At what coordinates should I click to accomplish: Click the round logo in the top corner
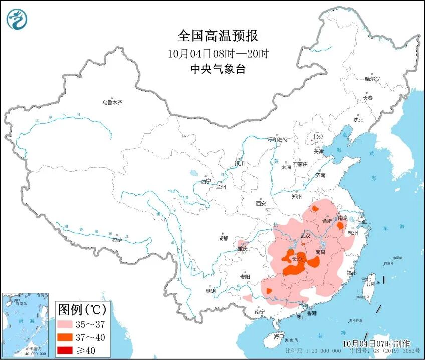pyautogui.click(x=17, y=19)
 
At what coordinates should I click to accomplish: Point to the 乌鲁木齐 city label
pyautogui.click(x=112, y=102)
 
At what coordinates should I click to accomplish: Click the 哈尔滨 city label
pyautogui.click(x=372, y=79)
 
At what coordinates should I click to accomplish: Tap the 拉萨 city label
pyautogui.click(x=117, y=240)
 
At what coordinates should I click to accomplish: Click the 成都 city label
pyautogui.click(x=223, y=238)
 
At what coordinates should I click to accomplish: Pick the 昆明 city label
pyautogui.click(x=210, y=291)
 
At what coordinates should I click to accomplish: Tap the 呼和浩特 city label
pyautogui.click(x=277, y=140)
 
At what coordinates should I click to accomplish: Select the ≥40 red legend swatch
pyautogui.click(x=66, y=349)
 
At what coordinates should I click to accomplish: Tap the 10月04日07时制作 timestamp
pyautogui.click(x=376, y=343)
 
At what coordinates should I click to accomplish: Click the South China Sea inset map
pyautogui.click(x=25, y=325)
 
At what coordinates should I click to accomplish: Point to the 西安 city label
pyautogui.click(x=261, y=203)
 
